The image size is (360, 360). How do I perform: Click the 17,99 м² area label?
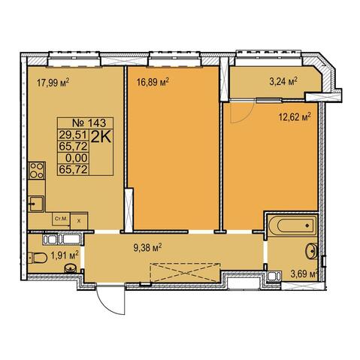[53, 82]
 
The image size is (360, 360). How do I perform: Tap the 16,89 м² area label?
[153, 81]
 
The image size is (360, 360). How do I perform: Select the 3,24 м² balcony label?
[283, 81]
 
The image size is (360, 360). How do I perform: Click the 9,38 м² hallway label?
[147, 248]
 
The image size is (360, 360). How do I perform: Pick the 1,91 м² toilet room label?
[65, 256]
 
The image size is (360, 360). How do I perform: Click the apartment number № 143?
[89, 123]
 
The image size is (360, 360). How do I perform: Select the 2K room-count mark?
[101, 137]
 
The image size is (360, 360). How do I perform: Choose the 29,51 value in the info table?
[73, 135]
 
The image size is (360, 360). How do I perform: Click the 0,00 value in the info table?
[77, 158]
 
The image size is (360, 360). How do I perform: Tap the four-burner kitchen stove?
[37, 171]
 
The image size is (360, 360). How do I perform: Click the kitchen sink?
[36, 204]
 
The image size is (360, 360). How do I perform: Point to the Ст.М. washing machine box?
[61, 219]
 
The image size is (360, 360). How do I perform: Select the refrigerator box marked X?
[79, 221]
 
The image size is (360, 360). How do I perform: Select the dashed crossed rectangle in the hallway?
[185, 273]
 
